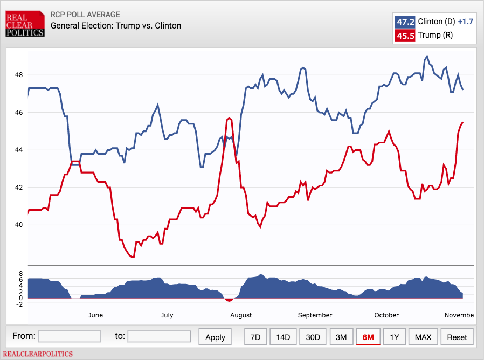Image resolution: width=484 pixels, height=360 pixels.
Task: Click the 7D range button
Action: pos(256,337)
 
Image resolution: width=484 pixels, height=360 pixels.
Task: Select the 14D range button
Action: pos(283,337)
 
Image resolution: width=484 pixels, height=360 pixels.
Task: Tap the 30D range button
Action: pos(313,337)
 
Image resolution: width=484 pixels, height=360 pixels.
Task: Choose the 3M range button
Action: pos(341,337)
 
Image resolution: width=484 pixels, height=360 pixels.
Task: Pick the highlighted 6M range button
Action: pos(368,337)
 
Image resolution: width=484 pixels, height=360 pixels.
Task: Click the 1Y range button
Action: pos(395,337)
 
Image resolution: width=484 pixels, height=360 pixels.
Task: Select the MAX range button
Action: pos(423,337)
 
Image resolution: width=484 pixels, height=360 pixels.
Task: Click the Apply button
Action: pos(215,337)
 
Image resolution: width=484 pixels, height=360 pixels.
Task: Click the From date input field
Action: pos(70,336)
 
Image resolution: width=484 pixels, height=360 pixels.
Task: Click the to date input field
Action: pos(159,336)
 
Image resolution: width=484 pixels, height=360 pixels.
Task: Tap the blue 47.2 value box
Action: pos(405,22)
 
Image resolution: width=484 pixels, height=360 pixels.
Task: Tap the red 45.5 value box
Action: pos(405,36)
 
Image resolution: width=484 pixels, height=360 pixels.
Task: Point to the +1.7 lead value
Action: pos(465,22)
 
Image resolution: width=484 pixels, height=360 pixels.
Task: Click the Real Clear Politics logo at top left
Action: pos(24,24)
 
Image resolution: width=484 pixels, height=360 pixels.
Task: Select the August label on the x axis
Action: pos(240,315)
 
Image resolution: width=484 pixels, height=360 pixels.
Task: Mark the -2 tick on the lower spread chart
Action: pos(20,304)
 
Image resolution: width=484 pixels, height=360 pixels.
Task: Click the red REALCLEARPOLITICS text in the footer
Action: pos(38,354)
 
